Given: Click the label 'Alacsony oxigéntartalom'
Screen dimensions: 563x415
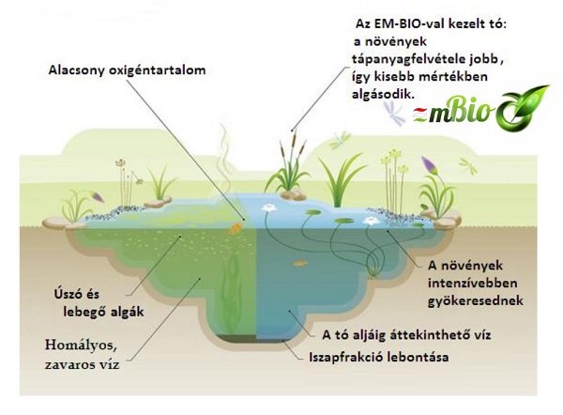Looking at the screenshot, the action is pos(127,70).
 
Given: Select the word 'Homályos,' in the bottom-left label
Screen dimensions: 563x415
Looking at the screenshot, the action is pos(81,346).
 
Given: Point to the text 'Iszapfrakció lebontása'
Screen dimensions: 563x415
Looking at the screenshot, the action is pos(379,357).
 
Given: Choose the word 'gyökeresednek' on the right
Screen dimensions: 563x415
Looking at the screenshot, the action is pos(476,300).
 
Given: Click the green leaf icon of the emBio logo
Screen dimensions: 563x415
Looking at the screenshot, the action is pos(523,108).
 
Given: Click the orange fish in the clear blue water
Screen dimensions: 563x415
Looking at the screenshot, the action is pos(300,264).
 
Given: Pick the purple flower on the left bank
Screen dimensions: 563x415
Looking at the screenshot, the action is pos(98,196).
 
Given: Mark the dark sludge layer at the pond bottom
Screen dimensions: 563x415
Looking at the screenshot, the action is pos(237,338).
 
